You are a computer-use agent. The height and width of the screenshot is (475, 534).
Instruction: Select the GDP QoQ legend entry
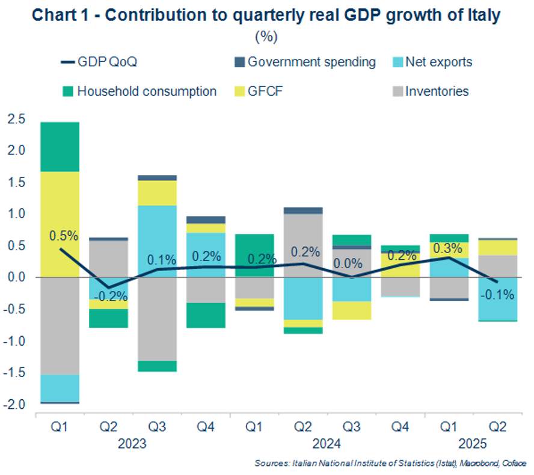tap(103, 62)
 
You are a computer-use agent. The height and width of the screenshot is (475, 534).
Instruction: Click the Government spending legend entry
tap(304, 62)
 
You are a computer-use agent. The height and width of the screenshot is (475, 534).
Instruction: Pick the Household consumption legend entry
tap(140, 91)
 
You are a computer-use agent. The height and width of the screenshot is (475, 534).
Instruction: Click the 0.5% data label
tap(64, 236)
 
